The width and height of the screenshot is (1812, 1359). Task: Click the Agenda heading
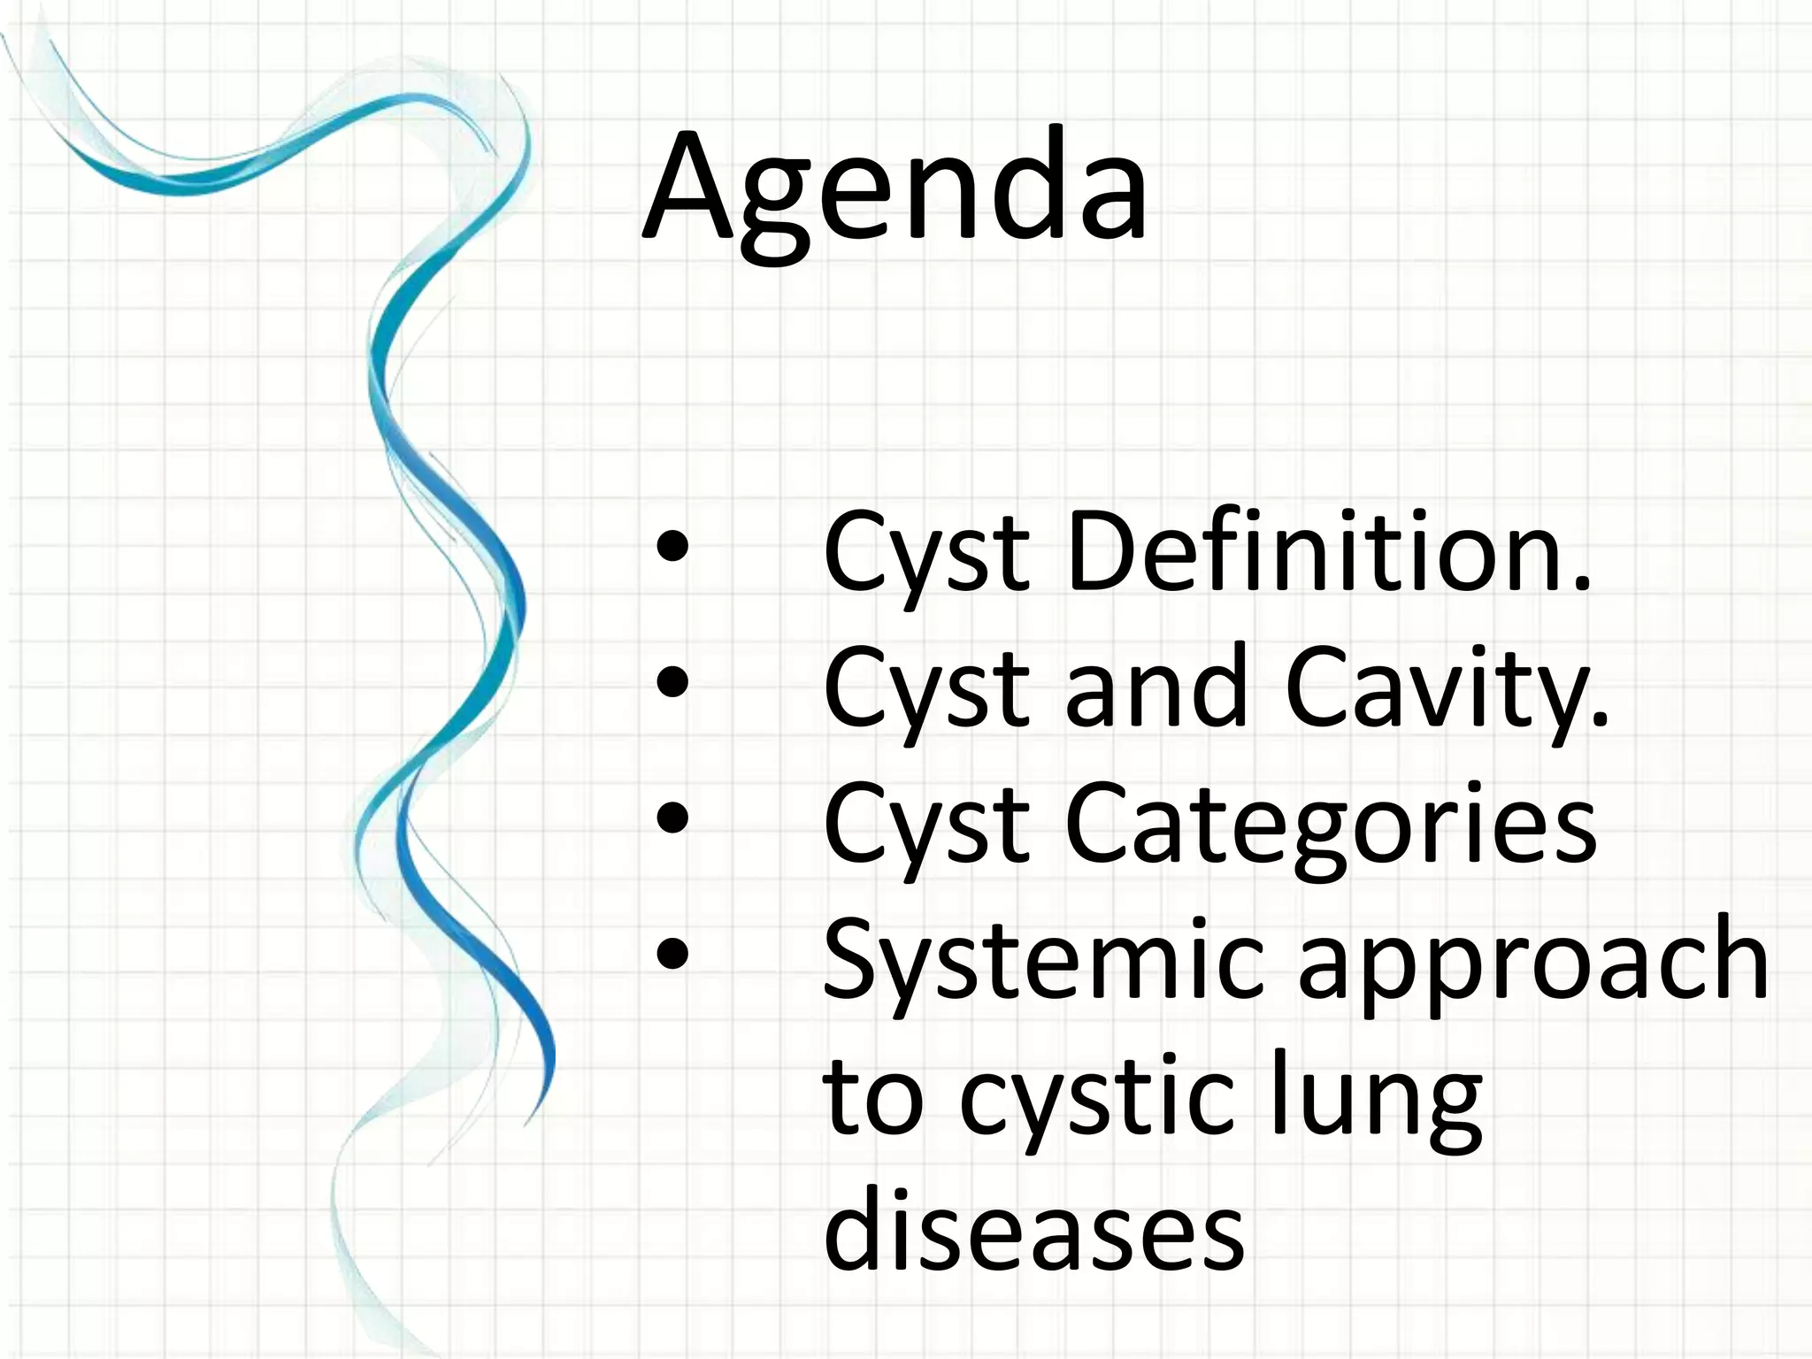coord(894,190)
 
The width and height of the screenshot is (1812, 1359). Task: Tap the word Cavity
coord(1446,688)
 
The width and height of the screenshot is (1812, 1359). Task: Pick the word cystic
coord(1097,1101)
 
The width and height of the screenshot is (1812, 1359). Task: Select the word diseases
coord(1033,1230)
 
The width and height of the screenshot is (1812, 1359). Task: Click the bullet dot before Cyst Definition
coord(672,549)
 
